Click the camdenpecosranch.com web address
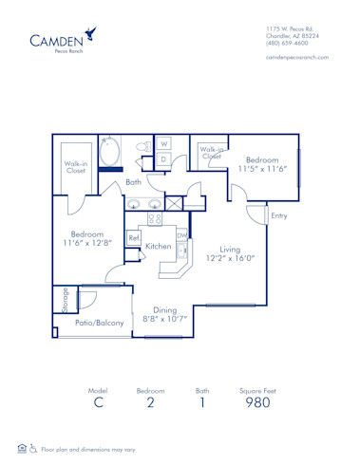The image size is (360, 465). (297, 58)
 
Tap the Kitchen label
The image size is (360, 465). (158, 247)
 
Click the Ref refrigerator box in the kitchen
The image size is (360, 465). (135, 237)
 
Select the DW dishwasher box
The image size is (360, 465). (181, 235)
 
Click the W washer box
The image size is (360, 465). (163, 144)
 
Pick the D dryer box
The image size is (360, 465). (163, 158)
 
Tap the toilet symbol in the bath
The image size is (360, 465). (142, 147)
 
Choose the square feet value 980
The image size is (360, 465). (257, 402)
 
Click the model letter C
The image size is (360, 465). (97, 402)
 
